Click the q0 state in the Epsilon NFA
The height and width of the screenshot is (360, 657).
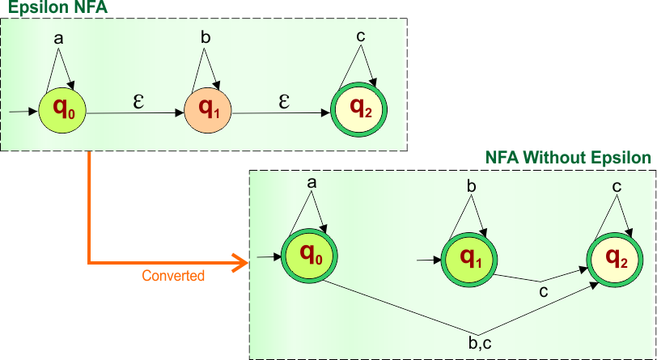tap(61, 108)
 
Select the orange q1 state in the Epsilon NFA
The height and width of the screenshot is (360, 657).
tap(208, 108)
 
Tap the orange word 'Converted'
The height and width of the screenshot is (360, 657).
tap(173, 276)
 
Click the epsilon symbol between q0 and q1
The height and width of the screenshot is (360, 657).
tap(138, 102)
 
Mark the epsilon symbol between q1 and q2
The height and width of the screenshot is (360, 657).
tap(284, 101)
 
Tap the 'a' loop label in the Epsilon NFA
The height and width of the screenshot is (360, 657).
tap(57, 38)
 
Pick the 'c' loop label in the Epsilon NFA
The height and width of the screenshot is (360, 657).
tap(360, 37)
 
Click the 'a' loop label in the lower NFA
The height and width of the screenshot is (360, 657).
tap(312, 182)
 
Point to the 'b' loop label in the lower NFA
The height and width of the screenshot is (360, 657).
tap(472, 187)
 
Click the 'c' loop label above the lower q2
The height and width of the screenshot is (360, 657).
tap(617, 187)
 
